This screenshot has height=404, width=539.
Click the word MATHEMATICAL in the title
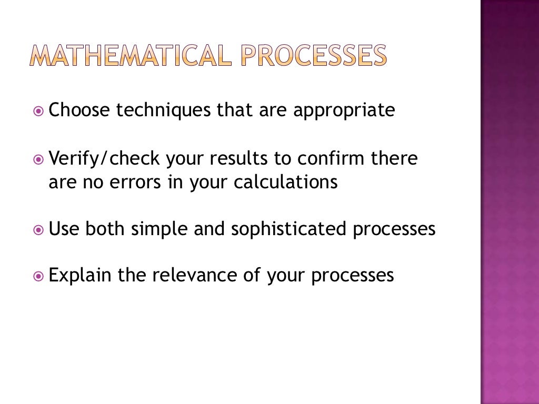coord(129,55)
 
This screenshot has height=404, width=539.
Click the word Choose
coord(79,110)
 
